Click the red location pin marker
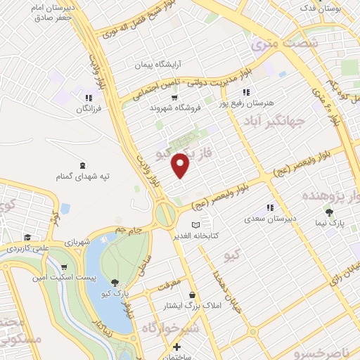(x=181, y=165)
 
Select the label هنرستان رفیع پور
(x=243, y=103)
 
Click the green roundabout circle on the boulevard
(x=167, y=214)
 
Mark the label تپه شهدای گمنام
(x=84, y=175)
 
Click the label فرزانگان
(x=87, y=110)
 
